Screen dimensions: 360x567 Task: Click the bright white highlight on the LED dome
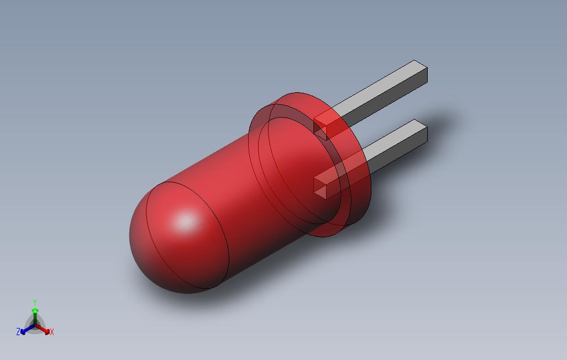click(186, 223)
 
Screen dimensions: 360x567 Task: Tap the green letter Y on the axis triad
click(35, 303)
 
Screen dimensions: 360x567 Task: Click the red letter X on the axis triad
click(52, 332)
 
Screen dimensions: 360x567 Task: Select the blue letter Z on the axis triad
click(18, 331)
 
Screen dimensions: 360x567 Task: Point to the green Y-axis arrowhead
click(35, 311)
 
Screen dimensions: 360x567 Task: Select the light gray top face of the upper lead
click(376, 91)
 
